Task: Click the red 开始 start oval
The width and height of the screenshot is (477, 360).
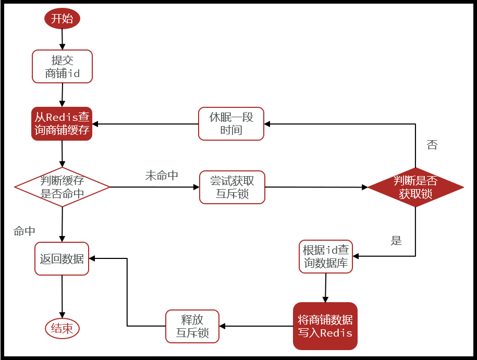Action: pyautogui.click(x=62, y=19)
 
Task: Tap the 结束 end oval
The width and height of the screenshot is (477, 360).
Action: pyautogui.click(x=62, y=328)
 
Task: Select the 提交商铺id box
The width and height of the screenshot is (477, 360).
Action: pyautogui.click(x=62, y=66)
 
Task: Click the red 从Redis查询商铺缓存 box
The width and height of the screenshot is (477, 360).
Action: pyautogui.click(x=62, y=123)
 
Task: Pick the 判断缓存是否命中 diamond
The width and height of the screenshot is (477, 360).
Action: pyautogui.click(x=62, y=187)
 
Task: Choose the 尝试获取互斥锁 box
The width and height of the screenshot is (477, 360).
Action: pyautogui.click(x=232, y=187)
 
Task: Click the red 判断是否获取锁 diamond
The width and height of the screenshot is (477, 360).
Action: pyautogui.click(x=415, y=187)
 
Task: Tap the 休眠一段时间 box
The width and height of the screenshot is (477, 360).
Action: pyautogui.click(x=231, y=123)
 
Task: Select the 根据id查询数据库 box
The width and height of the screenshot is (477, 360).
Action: pyautogui.click(x=326, y=256)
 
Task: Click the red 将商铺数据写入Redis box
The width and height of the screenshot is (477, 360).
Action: pyautogui.click(x=325, y=326)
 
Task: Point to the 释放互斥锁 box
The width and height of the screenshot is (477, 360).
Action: pyautogui.click(x=192, y=326)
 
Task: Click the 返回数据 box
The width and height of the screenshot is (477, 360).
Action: pyautogui.click(x=62, y=258)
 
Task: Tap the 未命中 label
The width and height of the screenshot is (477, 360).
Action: pyautogui.click(x=162, y=176)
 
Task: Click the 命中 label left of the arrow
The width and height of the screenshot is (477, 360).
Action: pyautogui.click(x=25, y=231)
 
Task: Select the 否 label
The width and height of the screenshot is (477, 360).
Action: pyautogui.click(x=432, y=145)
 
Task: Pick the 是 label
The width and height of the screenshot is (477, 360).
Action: pyautogui.click(x=397, y=241)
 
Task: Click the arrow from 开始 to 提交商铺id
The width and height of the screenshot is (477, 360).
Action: pyautogui.click(x=62, y=39)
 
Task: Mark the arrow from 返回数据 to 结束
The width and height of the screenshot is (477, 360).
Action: pyautogui.click(x=62, y=296)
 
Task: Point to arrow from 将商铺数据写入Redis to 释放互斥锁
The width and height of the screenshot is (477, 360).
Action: pyautogui.click(x=256, y=326)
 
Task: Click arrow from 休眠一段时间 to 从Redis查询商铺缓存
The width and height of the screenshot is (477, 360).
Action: pyautogui.click(x=145, y=124)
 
